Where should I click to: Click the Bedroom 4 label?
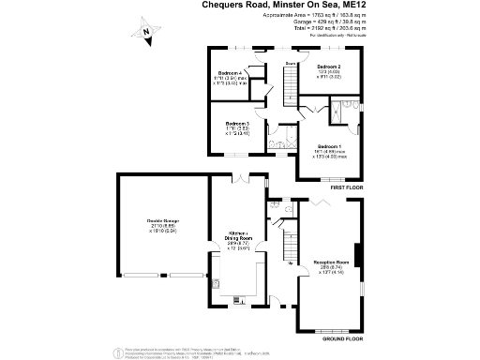pyautogui.click(x=231, y=73)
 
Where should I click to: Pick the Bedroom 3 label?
pyautogui.click(x=236, y=124)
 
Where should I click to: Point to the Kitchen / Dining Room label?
pyautogui.click(x=238, y=238)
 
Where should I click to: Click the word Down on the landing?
pyautogui.click(x=291, y=64)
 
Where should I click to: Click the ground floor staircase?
pyautogui.click(x=289, y=249)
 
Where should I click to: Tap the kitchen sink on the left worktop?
pyautogui.click(x=217, y=283)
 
